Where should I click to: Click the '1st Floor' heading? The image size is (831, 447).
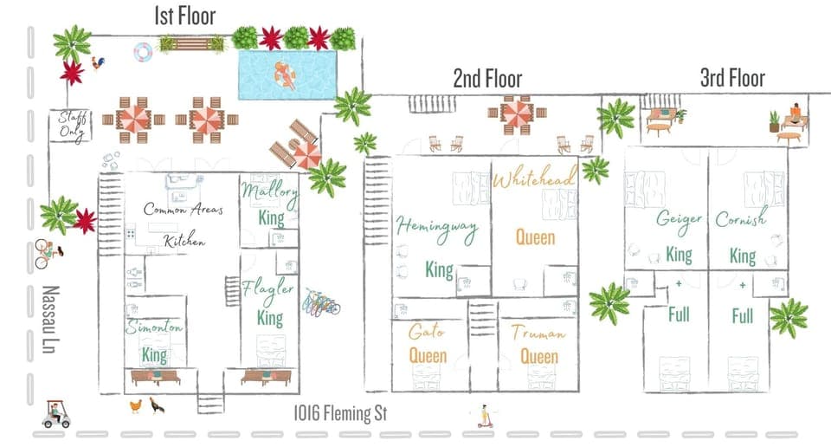[x=184, y=15]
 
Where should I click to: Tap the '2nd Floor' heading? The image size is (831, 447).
[x=487, y=80]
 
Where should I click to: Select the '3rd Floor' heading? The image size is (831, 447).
[x=732, y=78]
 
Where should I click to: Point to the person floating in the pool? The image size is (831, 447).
[x=285, y=76]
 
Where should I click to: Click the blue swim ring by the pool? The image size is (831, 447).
[x=143, y=53]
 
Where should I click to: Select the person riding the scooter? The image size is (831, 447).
[x=483, y=417]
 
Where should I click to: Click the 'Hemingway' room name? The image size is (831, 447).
[x=437, y=227]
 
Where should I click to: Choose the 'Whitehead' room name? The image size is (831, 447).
[x=534, y=179]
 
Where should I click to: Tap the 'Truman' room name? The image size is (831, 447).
[x=538, y=334]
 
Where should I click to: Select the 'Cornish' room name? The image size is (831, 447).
[x=741, y=220]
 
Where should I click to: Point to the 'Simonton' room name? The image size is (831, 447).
[x=154, y=328]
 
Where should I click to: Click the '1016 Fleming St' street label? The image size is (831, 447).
[x=338, y=415]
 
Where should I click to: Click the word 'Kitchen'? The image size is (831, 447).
[x=185, y=242]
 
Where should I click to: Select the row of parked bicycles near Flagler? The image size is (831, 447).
[x=321, y=303]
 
